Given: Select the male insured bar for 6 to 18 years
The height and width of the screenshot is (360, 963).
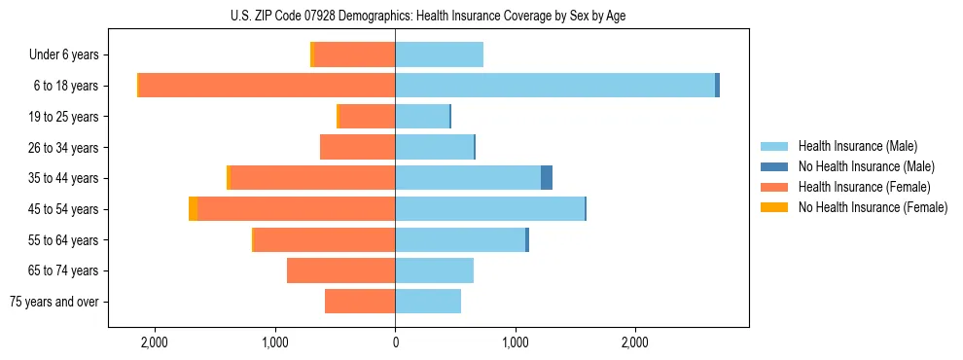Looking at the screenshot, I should pos(554,86).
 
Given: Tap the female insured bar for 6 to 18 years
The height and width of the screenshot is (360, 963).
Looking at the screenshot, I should pos(267,86).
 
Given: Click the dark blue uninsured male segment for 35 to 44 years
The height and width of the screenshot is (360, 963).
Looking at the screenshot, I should pos(547,178).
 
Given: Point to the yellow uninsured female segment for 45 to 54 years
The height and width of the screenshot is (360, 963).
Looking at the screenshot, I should pos(193,209).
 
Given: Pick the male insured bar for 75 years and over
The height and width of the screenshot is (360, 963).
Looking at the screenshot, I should pos(428,302).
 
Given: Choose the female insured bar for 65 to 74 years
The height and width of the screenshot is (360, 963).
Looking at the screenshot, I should pos(340,270).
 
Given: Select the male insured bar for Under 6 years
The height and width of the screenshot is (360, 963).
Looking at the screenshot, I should pos(439,55).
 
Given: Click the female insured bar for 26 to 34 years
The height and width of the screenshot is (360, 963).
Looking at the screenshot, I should pos(357,147).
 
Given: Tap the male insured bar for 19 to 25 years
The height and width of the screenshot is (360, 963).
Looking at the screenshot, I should pos(422,117).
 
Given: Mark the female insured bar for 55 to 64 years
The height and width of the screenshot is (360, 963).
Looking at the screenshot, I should pos(324,239).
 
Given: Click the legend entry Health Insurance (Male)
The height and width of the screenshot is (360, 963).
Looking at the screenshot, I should pos(857,146).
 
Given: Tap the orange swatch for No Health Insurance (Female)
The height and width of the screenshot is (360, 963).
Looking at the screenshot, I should pos(775,207).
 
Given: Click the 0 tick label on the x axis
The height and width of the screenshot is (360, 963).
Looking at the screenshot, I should pos(395,342).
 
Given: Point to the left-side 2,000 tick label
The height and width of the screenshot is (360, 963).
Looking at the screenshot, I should pos(155,342).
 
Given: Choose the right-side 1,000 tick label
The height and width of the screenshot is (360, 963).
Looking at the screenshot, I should pos(515,342).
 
